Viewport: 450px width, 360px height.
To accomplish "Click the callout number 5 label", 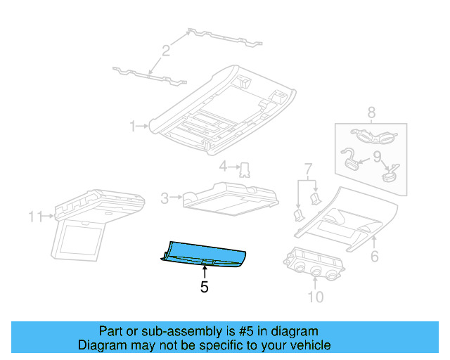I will coord(204,287).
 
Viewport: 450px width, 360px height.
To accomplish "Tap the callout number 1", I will coord(132,127).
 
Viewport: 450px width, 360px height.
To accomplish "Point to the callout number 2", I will coord(166,51).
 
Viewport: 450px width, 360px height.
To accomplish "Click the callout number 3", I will coord(165,199).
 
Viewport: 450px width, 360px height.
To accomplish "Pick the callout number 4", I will coord(222,167).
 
